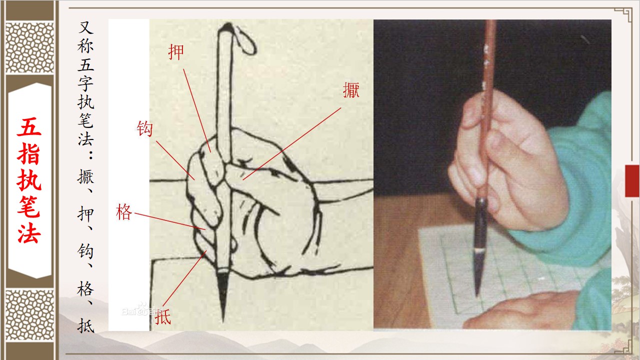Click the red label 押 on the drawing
click(x=175, y=52)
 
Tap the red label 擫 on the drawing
click(x=351, y=90)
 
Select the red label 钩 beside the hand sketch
click(x=144, y=129)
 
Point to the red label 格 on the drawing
click(x=124, y=211)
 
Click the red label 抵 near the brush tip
click(x=163, y=316)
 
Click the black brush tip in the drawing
click(x=222, y=294)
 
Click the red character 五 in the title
click(x=29, y=126)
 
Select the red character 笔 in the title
click(x=29, y=206)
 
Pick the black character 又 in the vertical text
click(x=85, y=27)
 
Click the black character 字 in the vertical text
click(x=85, y=83)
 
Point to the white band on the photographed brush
click(x=480, y=250)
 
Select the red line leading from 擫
click(x=291, y=143)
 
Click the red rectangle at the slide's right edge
click(x=632, y=181)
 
